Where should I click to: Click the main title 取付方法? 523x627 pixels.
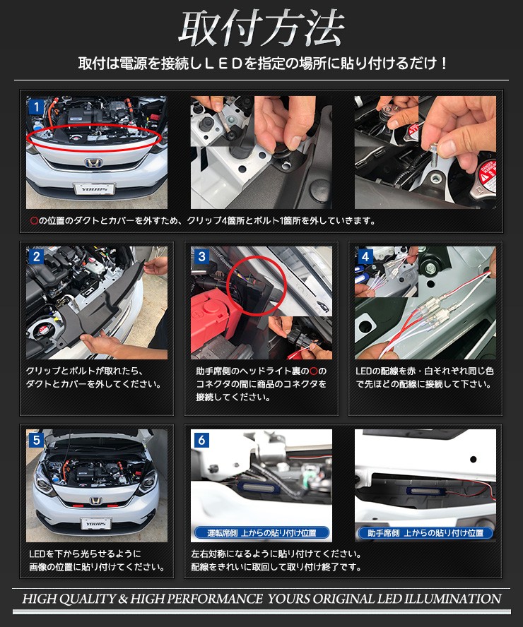click(261, 28)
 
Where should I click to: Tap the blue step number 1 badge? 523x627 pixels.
click(36, 107)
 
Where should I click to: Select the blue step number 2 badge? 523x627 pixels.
click(37, 256)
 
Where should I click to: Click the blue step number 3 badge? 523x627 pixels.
click(201, 256)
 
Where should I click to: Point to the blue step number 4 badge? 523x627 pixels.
click(365, 256)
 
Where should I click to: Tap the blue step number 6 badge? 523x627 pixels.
click(201, 440)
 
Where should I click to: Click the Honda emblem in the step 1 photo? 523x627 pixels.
click(93, 162)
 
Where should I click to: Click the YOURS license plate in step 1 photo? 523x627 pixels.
click(95, 189)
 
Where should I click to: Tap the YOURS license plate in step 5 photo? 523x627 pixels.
click(96, 523)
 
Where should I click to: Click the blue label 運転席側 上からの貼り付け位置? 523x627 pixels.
click(261, 532)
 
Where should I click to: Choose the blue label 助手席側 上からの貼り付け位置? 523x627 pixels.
click(425, 532)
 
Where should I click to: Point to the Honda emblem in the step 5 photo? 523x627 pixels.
click(95, 501)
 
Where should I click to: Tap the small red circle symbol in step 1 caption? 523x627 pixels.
click(34, 220)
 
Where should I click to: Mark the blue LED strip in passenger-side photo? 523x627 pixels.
click(426, 492)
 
